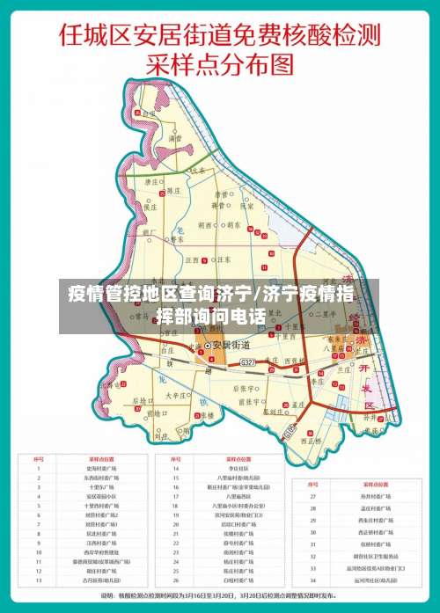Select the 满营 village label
coord(175,136)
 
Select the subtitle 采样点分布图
coord(220,64)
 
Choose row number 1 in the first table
coord(38,469)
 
